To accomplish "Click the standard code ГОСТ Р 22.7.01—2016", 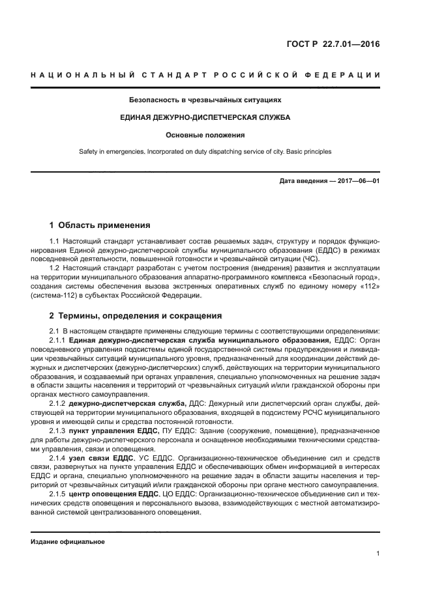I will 333,45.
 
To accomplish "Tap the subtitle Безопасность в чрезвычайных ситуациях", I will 205,100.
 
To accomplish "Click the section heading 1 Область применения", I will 100,225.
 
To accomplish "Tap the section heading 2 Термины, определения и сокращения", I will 136,316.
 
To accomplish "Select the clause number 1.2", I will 55,268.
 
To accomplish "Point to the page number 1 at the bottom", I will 378,554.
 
